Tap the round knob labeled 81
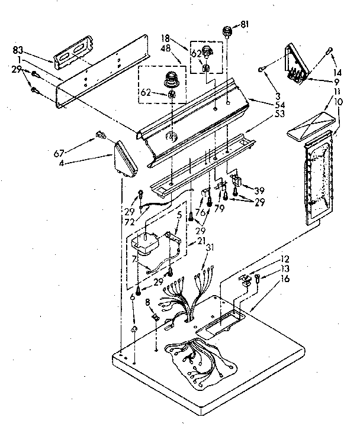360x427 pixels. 226,31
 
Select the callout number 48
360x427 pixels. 166,47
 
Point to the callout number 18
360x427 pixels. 166,37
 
